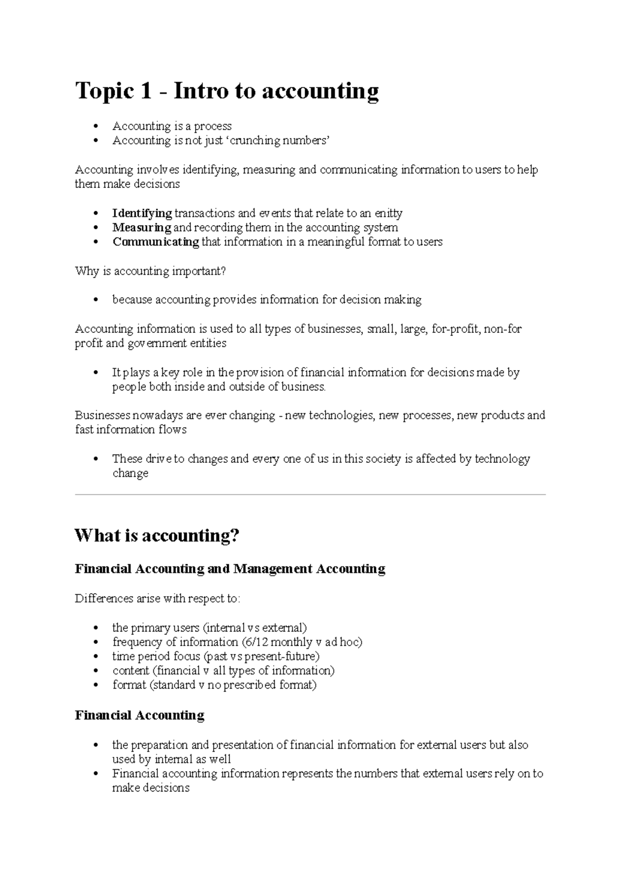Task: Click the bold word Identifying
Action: [x=142, y=213]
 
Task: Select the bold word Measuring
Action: [x=141, y=228]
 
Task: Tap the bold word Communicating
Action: [x=155, y=242]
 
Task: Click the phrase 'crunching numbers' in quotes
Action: [x=277, y=141]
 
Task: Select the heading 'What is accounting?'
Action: [x=157, y=535]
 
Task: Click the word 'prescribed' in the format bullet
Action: [x=250, y=685]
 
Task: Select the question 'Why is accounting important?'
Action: [x=151, y=271]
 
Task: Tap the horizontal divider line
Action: [x=310, y=495]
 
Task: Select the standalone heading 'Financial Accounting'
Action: [x=139, y=715]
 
